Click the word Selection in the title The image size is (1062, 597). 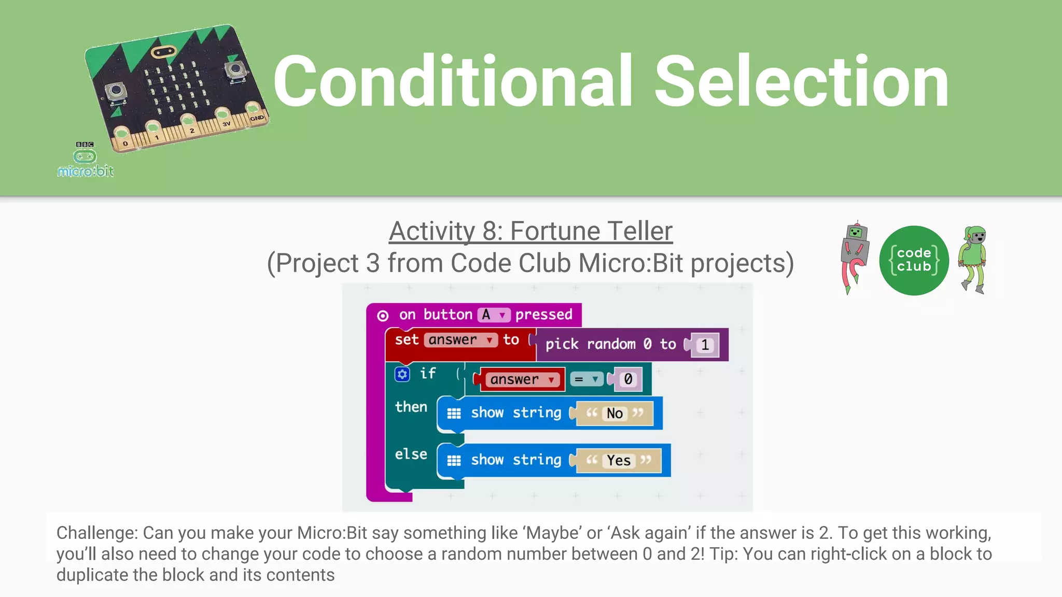pyautogui.click(x=801, y=82)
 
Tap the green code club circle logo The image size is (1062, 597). pyautogui.click(x=914, y=260)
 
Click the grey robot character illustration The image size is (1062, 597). pyautogui.click(x=854, y=257)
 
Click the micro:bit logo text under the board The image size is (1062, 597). pyautogui.click(x=86, y=171)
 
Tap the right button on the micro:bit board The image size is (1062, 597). pyautogui.click(x=235, y=70)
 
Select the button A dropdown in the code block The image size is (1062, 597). pyautogui.click(x=494, y=315)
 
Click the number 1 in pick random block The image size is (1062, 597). pyautogui.click(x=704, y=345)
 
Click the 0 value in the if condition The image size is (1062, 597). pyautogui.click(x=627, y=379)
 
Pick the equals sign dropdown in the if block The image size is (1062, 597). pyautogui.click(x=586, y=379)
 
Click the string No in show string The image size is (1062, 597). pyautogui.click(x=614, y=413)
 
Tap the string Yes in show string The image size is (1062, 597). pyautogui.click(x=618, y=460)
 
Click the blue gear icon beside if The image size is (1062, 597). pyautogui.click(x=402, y=374)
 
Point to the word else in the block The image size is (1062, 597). pyautogui.click(x=411, y=454)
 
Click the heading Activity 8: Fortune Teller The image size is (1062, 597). pyautogui.click(x=530, y=231)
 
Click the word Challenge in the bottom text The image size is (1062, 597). pyautogui.click(x=96, y=533)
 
